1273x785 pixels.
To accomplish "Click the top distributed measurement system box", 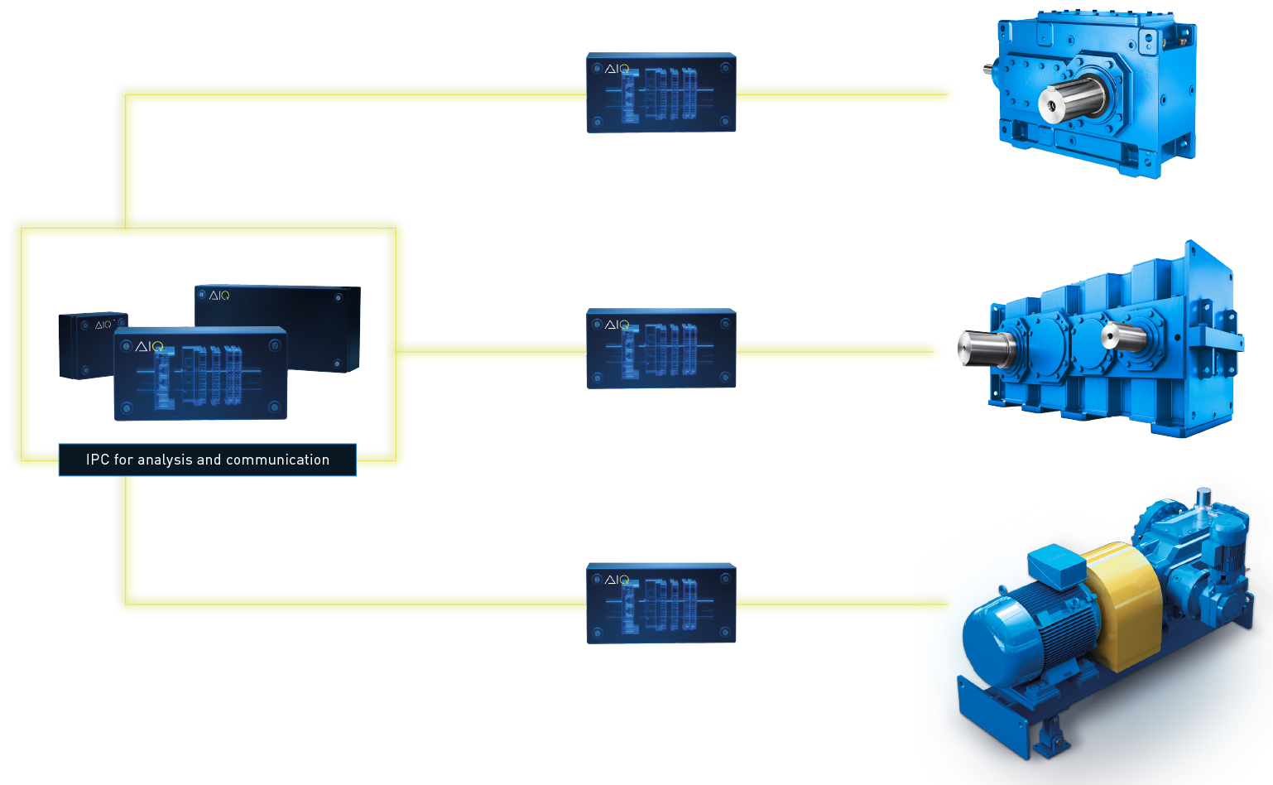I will tap(661, 93).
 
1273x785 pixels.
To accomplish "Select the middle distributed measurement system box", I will tap(661, 349).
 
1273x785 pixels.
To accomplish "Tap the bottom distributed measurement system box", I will tap(661, 604).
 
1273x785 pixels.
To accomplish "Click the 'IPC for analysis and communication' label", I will tap(207, 460).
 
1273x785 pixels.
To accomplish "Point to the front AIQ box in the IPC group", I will tap(200, 374).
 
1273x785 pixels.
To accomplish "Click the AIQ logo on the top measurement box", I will tap(617, 69).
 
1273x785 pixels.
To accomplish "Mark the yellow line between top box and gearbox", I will tap(844, 94).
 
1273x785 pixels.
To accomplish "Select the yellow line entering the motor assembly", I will tap(844, 604).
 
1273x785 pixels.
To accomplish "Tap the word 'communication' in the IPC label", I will tap(277, 460).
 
